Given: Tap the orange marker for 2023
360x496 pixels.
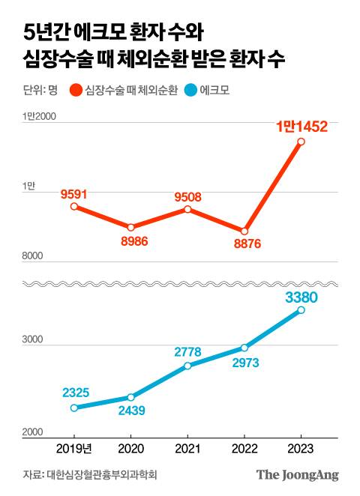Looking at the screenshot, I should pyautogui.click(x=301, y=141).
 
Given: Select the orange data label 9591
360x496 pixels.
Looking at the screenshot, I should pyautogui.click(x=74, y=194).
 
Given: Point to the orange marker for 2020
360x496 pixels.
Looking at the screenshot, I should pyautogui.click(x=130, y=227).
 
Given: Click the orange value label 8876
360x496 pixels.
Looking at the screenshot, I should pyautogui.click(x=243, y=244).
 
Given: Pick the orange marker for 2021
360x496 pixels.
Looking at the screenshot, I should pyautogui.click(x=187, y=209).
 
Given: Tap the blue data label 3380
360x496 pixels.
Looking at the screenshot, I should pyautogui.click(x=302, y=298).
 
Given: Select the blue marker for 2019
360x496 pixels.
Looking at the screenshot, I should pyautogui.click(x=74, y=408).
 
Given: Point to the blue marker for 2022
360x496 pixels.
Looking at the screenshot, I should pyautogui.click(x=244, y=348).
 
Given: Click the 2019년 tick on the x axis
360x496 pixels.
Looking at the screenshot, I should pyautogui.click(x=74, y=448).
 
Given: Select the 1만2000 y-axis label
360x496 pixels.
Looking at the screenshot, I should pyautogui.click(x=38, y=115).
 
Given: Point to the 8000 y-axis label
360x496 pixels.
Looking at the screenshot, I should pyautogui.click(x=33, y=257).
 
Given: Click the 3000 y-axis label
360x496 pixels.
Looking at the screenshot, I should pyautogui.click(x=33, y=341).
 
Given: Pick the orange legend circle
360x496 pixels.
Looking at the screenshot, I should pyautogui.click(x=74, y=91).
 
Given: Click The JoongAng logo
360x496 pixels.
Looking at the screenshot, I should pyautogui.click(x=298, y=475).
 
